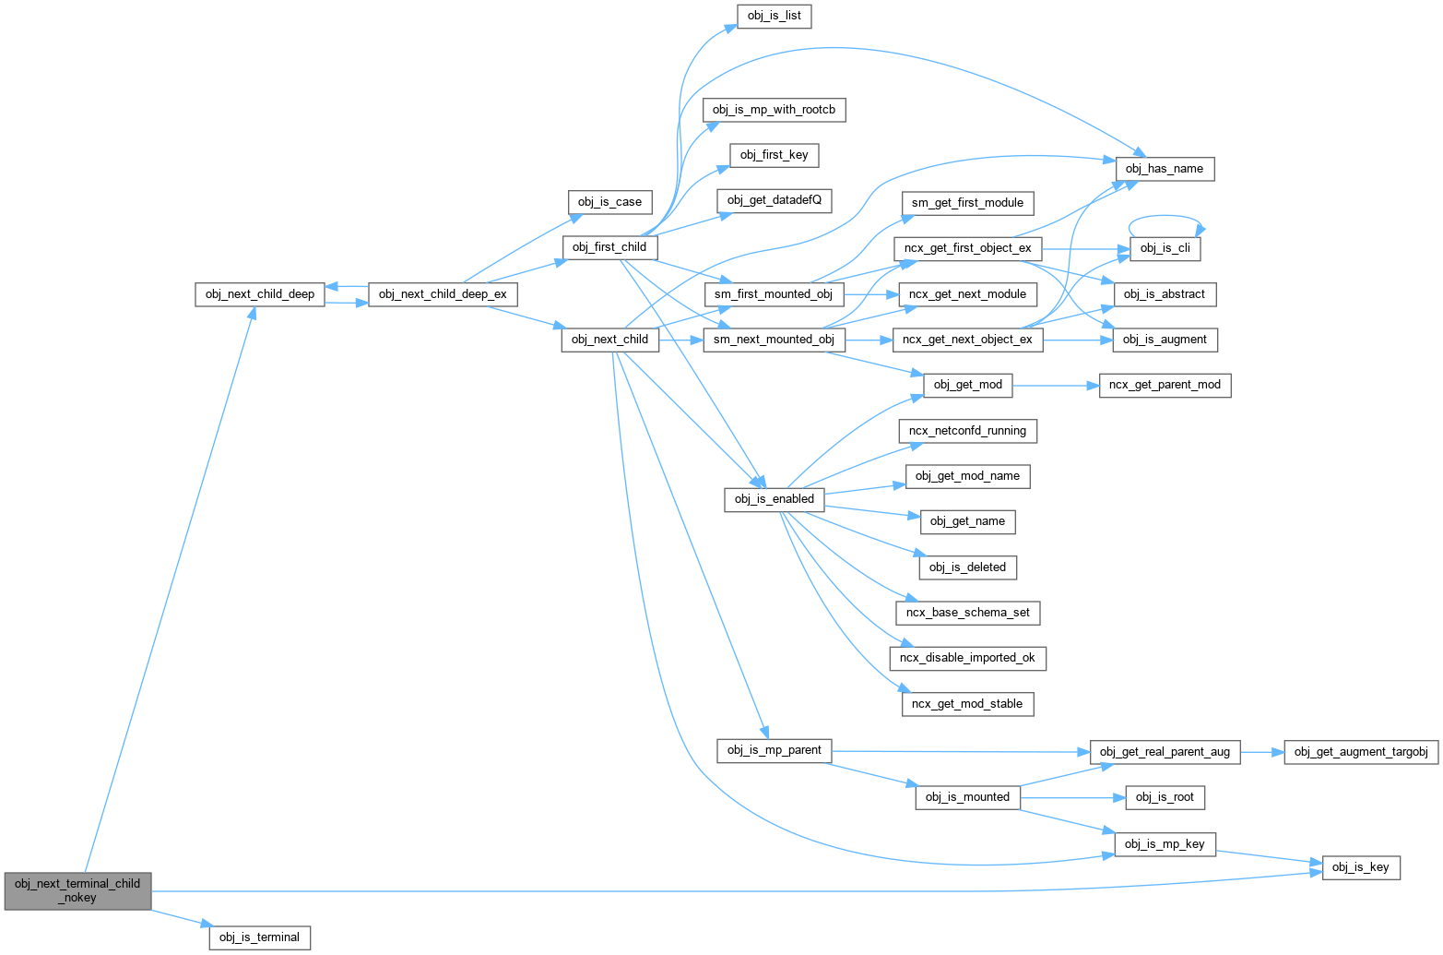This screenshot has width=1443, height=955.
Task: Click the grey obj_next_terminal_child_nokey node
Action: [77, 890]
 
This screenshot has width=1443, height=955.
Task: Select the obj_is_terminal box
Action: [259, 937]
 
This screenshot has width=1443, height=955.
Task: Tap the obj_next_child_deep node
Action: [259, 294]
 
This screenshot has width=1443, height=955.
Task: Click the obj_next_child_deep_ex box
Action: [443, 294]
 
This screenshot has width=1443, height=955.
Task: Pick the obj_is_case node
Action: [609, 202]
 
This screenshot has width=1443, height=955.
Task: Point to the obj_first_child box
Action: [609, 247]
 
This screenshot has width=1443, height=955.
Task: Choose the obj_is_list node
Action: [775, 16]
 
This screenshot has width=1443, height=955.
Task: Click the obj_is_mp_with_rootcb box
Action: [774, 110]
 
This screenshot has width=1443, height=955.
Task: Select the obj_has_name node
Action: [1165, 169]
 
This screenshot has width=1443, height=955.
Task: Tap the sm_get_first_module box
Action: [967, 203]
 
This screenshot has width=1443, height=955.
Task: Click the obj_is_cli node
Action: [1165, 248]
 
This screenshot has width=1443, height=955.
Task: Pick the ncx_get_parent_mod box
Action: [1165, 385]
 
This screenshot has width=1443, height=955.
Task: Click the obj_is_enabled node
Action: [774, 499]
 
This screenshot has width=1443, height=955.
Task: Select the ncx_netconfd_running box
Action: [967, 431]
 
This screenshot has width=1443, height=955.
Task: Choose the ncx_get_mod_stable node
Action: [967, 704]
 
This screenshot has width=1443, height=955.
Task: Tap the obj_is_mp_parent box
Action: [774, 750]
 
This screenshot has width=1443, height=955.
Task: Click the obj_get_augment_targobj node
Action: [1361, 752]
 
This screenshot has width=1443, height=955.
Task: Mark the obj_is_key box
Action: [1361, 867]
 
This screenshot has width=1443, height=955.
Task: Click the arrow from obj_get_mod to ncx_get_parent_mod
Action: [1056, 385]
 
